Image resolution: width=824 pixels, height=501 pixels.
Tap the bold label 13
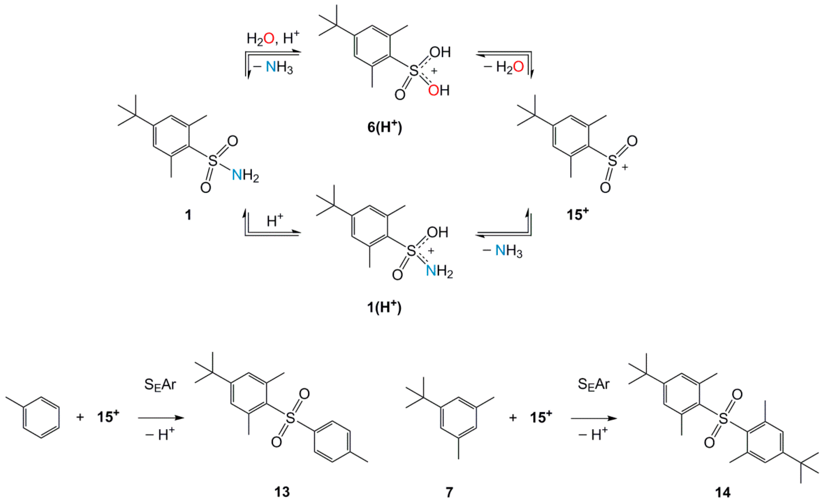coord(282,492)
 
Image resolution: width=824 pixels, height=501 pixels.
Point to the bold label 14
coord(723,492)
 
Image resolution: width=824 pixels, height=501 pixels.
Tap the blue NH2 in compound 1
coord(245,175)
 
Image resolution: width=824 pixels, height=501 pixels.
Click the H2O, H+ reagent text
coord(273,39)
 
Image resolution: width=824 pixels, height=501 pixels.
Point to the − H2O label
coord(504,67)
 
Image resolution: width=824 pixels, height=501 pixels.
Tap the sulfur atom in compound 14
coord(723,419)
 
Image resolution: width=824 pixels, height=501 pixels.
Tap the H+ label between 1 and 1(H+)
coord(275,221)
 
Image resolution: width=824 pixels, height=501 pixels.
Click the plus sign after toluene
coord(80,417)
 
